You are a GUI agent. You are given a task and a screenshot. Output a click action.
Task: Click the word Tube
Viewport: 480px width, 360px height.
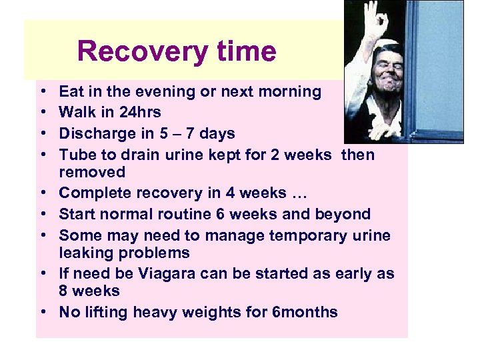pyautogui.click(x=75, y=155)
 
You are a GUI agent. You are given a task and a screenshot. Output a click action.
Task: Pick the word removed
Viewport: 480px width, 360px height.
pyautogui.click(x=92, y=172)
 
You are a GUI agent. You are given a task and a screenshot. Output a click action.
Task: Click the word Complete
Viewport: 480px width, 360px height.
pyautogui.click(x=95, y=193)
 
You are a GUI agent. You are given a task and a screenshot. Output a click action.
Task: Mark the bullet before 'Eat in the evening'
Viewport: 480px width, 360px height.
pyautogui.click(x=41, y=91)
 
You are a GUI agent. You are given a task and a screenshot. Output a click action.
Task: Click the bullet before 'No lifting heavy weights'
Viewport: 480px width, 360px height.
pyautogui.click(x=41, y=312)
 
